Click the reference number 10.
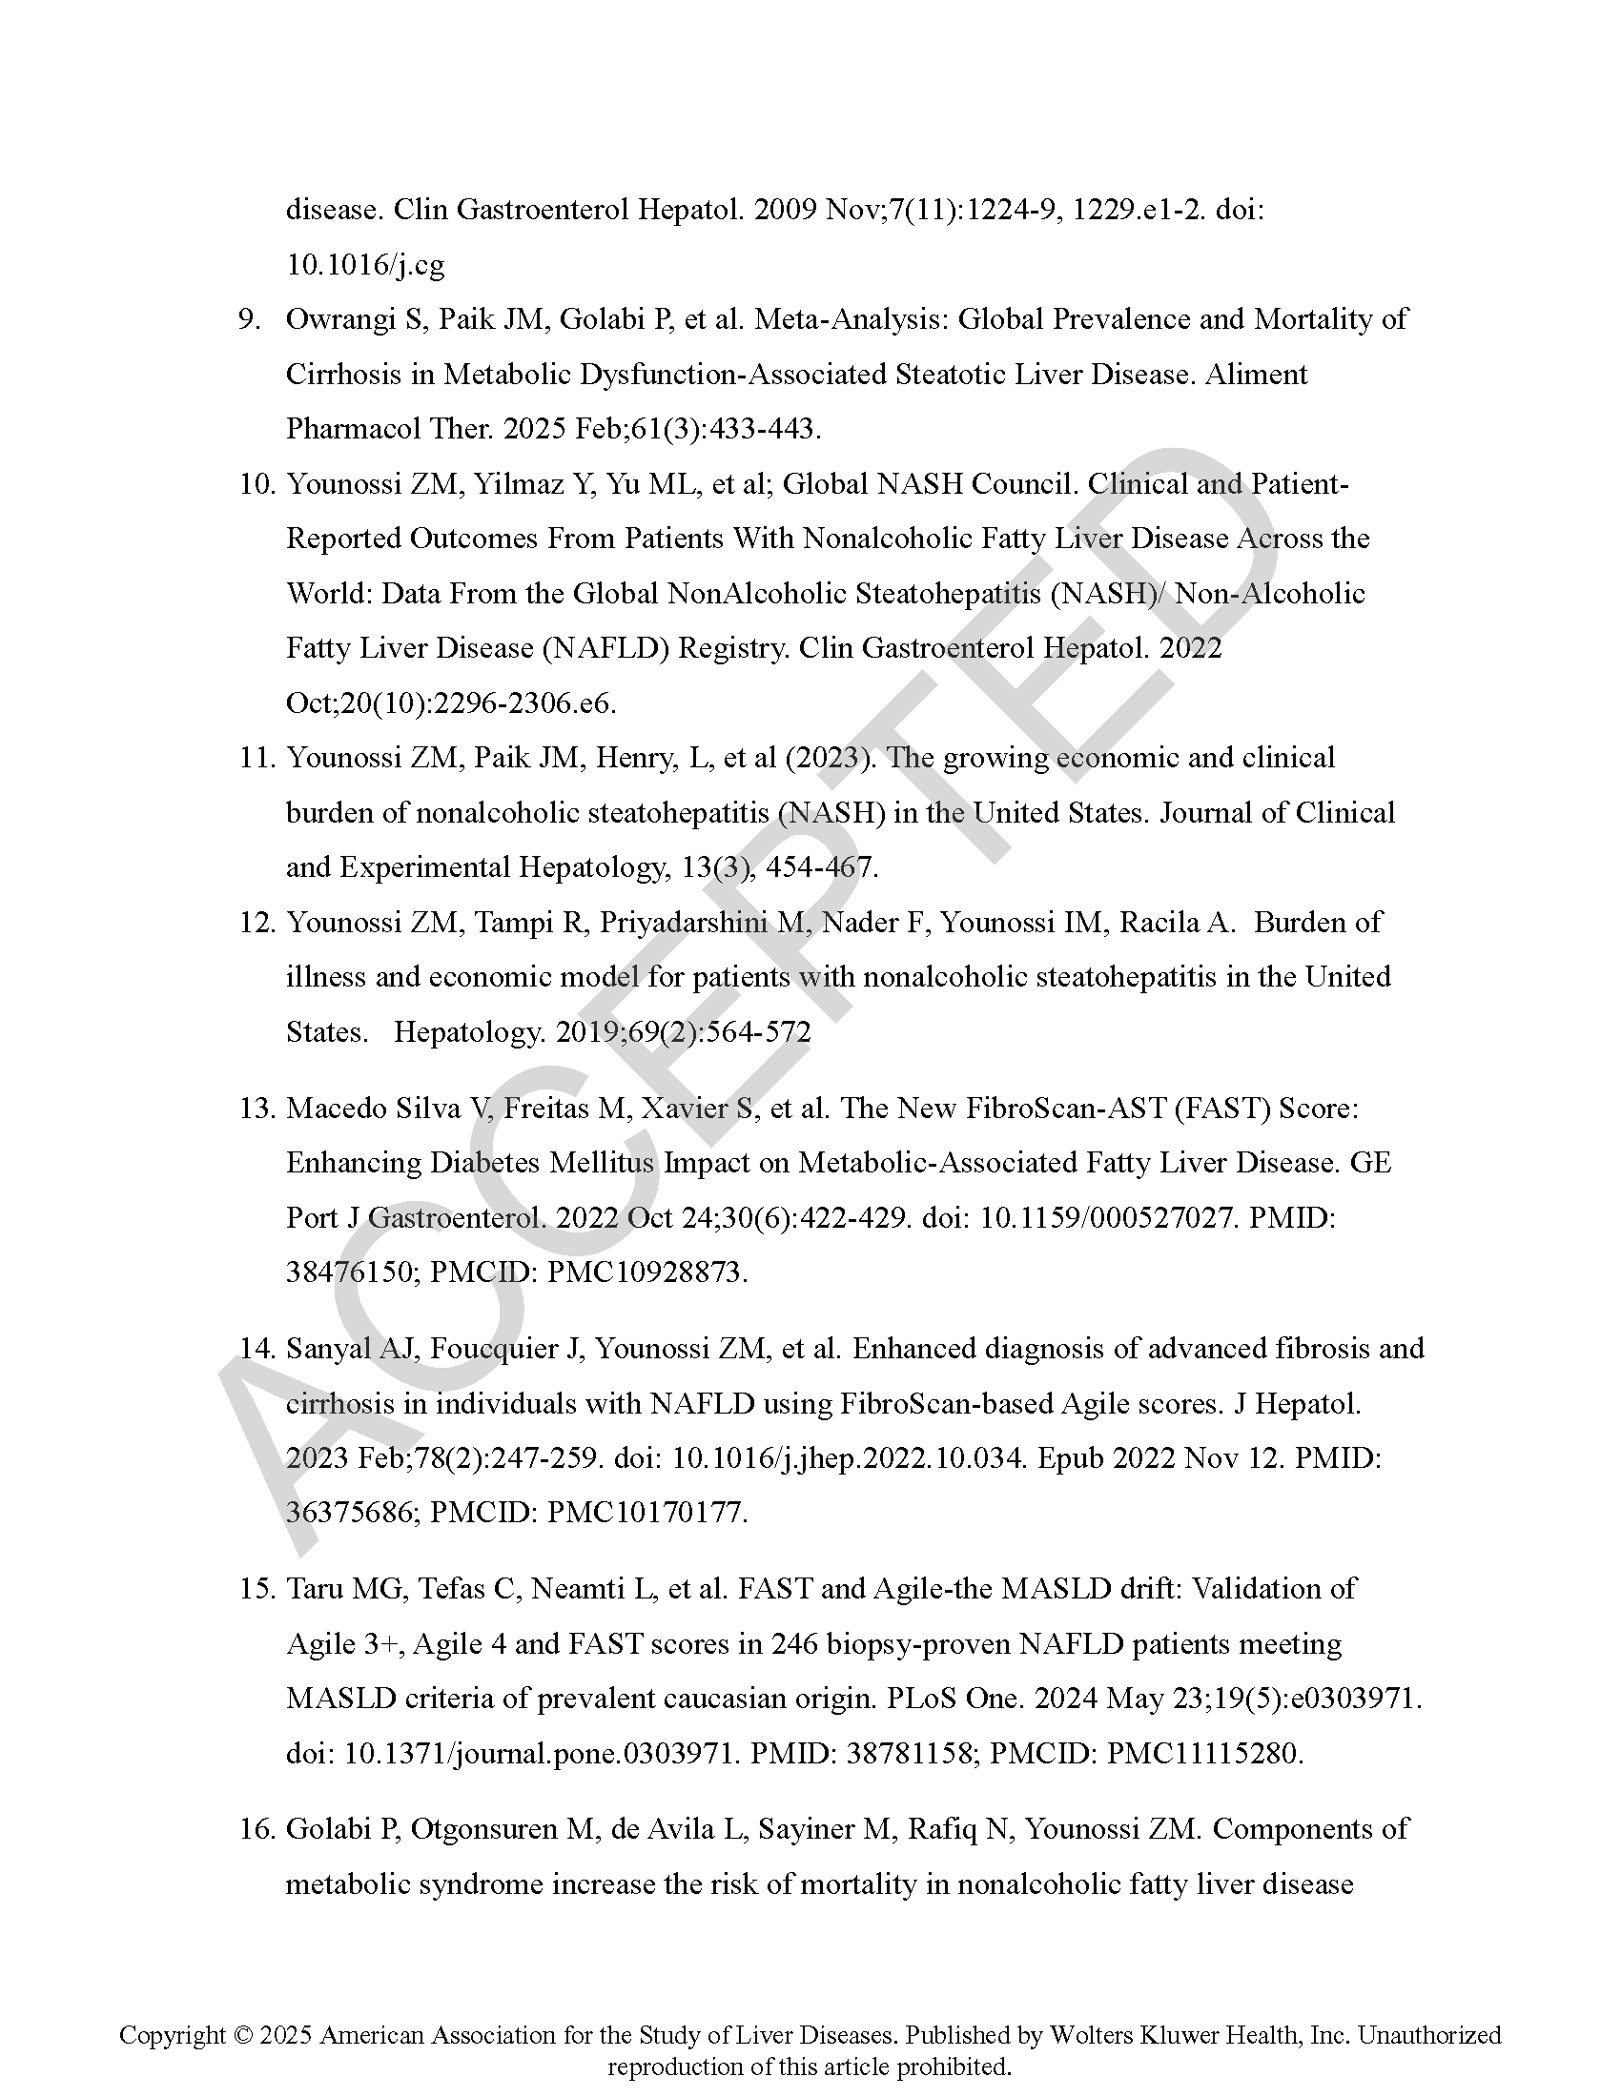(x=256, y=485)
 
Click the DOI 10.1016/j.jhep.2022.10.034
(x=845, y=1458)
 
